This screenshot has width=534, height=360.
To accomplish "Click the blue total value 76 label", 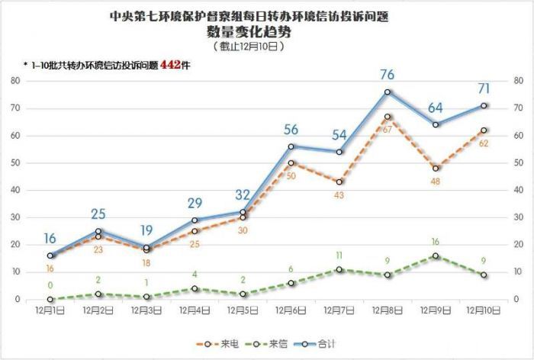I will click(387, 75).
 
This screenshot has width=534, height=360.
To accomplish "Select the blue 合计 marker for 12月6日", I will click(291, 146).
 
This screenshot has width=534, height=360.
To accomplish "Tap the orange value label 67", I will click(388, 130).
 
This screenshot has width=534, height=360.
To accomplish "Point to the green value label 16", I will click(436, 242).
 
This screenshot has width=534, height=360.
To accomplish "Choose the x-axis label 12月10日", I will click(484, 310).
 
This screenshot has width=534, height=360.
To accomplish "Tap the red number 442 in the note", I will click(171, 66).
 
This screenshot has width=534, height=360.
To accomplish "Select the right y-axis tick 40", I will click(518, 190).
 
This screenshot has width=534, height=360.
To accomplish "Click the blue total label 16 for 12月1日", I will click(50, 239).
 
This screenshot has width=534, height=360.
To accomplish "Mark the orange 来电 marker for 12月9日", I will click(436, 169).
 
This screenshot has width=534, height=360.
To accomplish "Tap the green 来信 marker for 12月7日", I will click(339, 270).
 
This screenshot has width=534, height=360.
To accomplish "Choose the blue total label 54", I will click(339, 135).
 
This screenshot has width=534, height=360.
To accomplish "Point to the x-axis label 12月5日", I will click(243, 310).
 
